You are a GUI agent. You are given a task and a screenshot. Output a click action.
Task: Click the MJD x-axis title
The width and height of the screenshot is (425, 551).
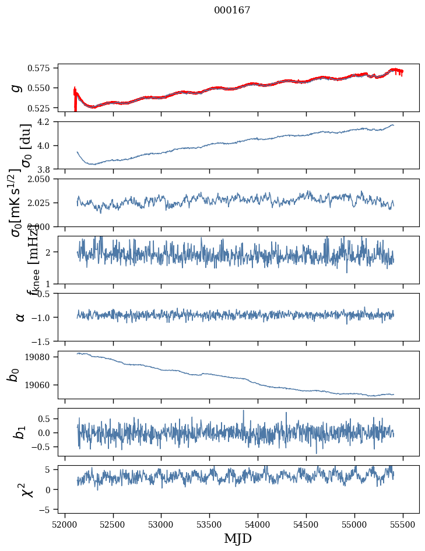coord(238,538)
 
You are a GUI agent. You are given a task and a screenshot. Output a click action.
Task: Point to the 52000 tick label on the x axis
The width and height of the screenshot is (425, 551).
coord(65,524)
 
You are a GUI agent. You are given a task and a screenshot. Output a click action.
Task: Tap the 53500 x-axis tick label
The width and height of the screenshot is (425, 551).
coord(210,524)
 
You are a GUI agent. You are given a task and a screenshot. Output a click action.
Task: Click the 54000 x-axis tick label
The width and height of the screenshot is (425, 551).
coord(258,524)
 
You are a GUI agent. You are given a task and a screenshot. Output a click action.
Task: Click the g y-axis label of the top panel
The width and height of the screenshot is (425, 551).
coord(17,88)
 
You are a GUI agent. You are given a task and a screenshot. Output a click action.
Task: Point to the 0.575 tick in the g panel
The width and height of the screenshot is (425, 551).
coord(42,68)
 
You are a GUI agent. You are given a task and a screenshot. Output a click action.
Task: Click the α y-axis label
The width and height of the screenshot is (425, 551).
coord(20,317)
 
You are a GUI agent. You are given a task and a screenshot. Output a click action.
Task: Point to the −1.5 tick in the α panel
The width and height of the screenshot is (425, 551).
coord(44,341)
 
